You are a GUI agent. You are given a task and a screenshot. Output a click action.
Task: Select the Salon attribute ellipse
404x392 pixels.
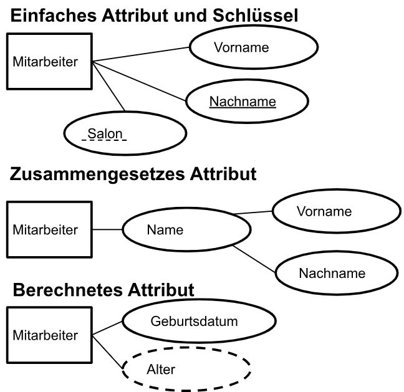click(125, 133)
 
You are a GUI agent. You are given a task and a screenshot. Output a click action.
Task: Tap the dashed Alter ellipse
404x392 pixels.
click(186, 370)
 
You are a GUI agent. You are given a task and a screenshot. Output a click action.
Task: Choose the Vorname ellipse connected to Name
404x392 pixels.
click(334, 211)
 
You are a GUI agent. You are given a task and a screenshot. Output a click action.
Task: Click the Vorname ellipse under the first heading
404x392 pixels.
click(241, 47)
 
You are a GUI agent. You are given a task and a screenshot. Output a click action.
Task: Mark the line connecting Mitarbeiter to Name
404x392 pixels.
click(107, 229)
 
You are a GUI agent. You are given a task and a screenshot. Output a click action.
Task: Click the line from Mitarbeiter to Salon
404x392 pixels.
click(108, 87)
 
